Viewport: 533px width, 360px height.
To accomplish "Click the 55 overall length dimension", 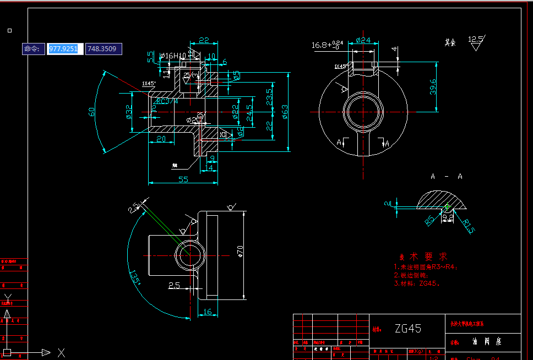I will point(183,179).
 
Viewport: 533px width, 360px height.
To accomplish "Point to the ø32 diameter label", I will point(128,111).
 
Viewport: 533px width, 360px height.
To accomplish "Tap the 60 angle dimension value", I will point(92,112).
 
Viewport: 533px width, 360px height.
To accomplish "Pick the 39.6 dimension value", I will point(433,86).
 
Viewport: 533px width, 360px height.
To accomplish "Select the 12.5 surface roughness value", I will point(475,40).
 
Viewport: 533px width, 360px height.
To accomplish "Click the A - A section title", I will point(446,177).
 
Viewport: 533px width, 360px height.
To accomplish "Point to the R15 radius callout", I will point(467,227).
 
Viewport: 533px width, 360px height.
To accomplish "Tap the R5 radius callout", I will point(430,221).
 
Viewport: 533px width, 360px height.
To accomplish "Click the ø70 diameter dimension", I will point(240,251).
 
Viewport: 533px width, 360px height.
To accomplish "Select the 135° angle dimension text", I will point(134,276).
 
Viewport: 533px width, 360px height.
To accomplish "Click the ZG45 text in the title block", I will point(408,329).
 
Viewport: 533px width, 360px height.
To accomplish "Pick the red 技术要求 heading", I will point(423,257).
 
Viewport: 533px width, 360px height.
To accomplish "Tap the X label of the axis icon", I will point(62,352).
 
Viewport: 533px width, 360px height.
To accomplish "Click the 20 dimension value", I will point(161,139).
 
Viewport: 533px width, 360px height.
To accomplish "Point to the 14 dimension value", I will point(209,167).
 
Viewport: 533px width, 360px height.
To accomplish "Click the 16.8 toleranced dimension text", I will point(327,45).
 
